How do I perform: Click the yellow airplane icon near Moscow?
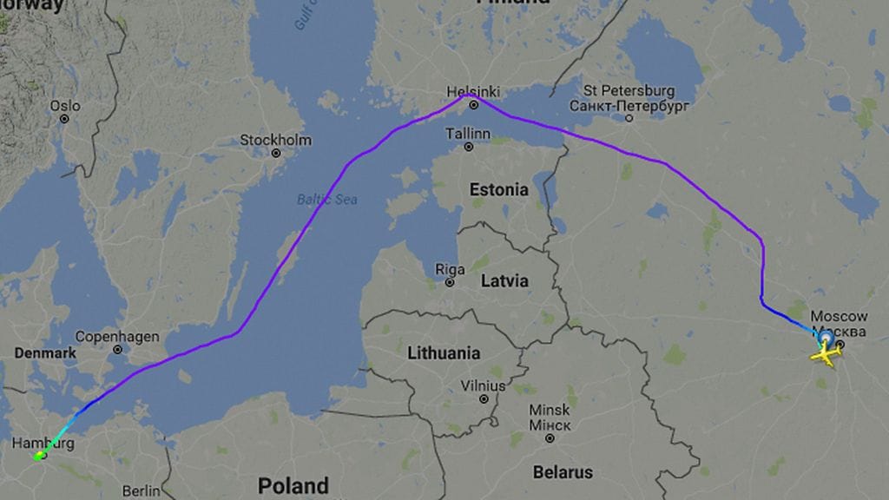(x=826, y=353)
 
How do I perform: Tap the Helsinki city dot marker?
(x=474, y=105)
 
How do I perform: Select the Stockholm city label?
(x=275, y=140)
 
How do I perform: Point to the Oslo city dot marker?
(x=64, y=119)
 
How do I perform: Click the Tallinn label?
(x=468, y=134)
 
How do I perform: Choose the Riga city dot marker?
(x=450, y=282)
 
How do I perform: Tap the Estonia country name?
(x=498, y=189)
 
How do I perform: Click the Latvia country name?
(x=504, y=281)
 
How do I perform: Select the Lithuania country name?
(x=444, y=353)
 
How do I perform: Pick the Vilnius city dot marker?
(x=484, y=399)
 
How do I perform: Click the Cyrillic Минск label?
(x=550, y=425)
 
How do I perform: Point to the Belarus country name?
(x=563, y=472)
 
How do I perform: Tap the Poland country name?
(x=293, y=485)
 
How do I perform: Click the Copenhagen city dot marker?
(x=118, y=350)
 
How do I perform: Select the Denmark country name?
(x=45, y=353)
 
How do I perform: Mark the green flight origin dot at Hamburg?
(x=40, y=455)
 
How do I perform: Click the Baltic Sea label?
(x=327, y=200)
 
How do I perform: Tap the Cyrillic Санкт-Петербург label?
(x=629, y=105)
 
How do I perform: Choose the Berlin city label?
(x=142, y=491)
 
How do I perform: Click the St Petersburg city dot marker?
(x=629, y=117)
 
